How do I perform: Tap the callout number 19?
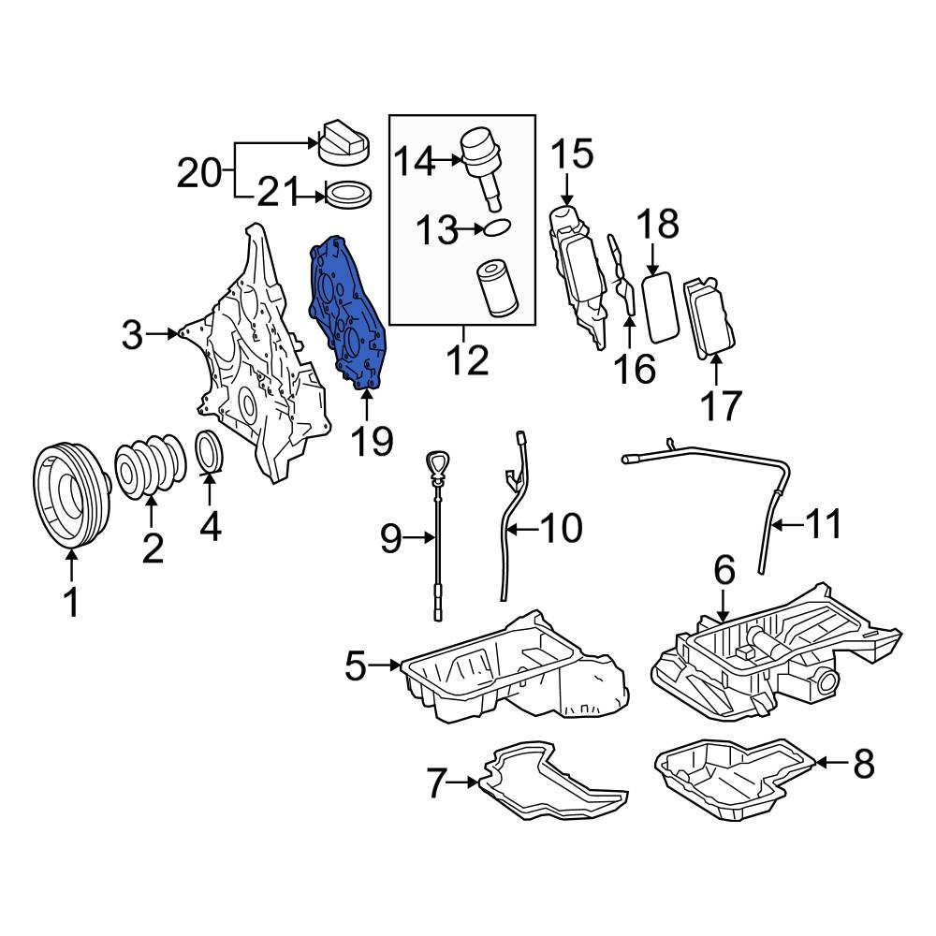click(x=372, y=442)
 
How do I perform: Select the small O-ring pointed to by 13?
click(x=497, y=227)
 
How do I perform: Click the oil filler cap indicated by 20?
click(x=344, y=142)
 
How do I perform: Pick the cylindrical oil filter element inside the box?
click(x=496, y=291)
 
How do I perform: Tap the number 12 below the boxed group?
click(x=468, y=359)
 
